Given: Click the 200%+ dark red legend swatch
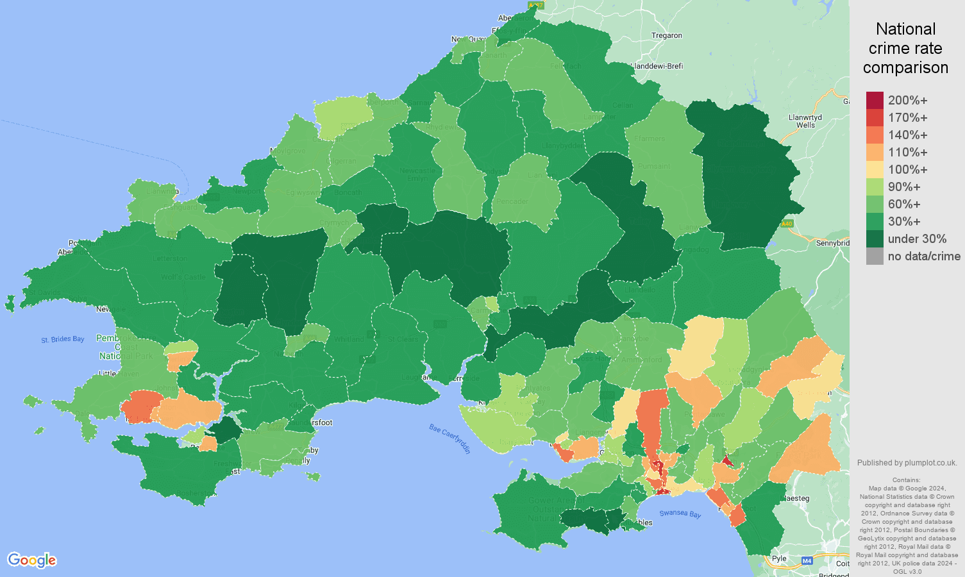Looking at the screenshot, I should (875, 101).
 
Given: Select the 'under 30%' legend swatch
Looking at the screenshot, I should (875, 239).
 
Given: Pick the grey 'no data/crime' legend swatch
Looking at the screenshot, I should (875, 256).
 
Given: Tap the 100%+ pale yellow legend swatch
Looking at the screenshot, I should (875, 170).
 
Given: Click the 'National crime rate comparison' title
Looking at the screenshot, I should (905, 48).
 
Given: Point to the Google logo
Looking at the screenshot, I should (32, 560).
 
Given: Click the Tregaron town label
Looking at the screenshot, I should (667, 36).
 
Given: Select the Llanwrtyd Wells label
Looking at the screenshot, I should (805, 121).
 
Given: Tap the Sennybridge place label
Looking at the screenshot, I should (832, 243).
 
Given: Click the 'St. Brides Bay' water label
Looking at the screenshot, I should (63, 339).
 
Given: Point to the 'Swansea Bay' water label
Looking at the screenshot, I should (680, 514).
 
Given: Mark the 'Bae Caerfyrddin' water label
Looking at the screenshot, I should (450, 439).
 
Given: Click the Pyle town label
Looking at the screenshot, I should (779, 558).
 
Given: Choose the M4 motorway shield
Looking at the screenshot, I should (807, 561).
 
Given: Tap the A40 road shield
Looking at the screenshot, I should (787, 224).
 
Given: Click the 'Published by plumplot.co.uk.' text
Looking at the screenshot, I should (907, 463).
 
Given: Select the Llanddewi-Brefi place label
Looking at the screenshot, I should (657, 66).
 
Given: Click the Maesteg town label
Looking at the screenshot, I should (797, 498).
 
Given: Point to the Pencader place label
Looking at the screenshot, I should (512, 201).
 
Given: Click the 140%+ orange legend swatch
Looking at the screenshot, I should (875, 135).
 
